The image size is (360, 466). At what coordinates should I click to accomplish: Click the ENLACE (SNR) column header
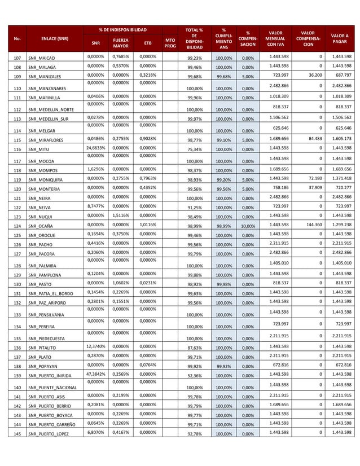coord(54,39)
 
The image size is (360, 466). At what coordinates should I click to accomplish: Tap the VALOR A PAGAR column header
coord(339,39)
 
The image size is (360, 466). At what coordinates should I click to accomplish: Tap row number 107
coord(17,58)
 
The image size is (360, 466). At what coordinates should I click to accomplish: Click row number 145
coord(17,433)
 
